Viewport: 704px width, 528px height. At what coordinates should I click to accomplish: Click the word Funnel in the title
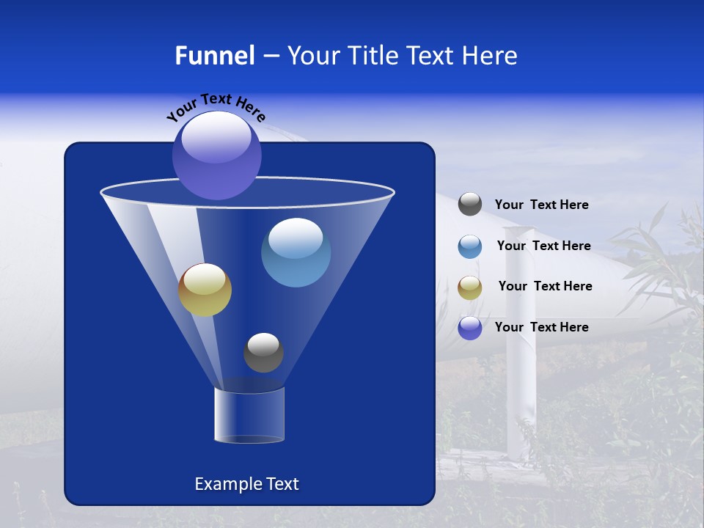[x=214, y=56]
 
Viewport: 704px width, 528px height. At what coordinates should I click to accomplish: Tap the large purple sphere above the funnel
[x=216, y=155]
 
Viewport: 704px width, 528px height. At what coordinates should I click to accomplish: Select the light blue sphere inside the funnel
[x=296, y=252]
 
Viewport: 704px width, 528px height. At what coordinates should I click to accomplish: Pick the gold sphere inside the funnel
[x=205, y=290]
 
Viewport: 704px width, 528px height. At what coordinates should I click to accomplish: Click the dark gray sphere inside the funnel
[x=263, y=353]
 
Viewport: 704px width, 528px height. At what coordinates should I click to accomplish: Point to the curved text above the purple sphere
[x=216, y=106]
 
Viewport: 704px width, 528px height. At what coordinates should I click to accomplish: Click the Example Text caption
[x=246, y=484]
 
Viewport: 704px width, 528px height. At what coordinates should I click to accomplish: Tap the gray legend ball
[x=470, y=205]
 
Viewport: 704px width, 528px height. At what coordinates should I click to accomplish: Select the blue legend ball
[x=470, y=246]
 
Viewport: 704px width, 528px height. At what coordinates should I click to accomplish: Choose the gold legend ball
[x=470, y=287]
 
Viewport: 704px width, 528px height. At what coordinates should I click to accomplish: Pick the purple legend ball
[x=470, y=328]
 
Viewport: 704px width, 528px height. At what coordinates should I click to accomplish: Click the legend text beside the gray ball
[x=541, y=205]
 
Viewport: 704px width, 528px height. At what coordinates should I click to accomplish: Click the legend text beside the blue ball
[x=543, y=246]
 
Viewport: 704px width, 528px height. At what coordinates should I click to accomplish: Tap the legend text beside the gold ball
[x=545, y=287]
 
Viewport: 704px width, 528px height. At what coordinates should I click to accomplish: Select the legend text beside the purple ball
[x=541, y=327]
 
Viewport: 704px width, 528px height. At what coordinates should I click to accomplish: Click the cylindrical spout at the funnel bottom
[x=249, y=416]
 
